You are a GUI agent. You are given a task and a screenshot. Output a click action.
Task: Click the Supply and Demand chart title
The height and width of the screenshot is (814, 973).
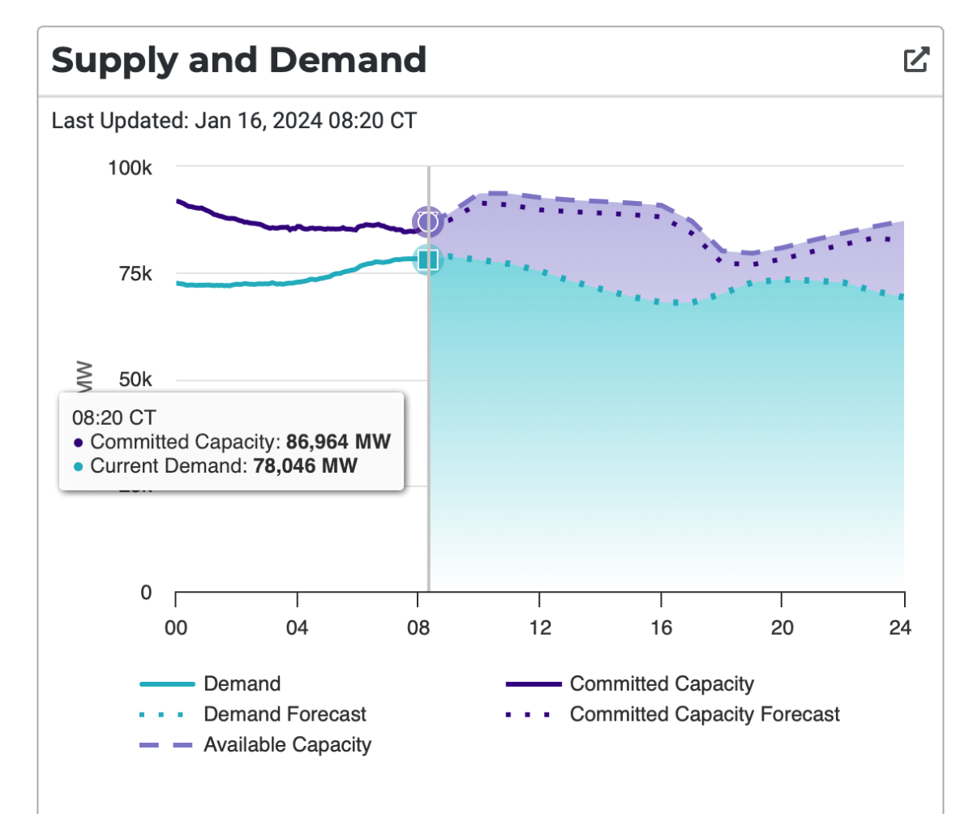point(238,60)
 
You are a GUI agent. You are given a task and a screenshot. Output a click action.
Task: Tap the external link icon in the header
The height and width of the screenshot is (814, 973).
point(916,60)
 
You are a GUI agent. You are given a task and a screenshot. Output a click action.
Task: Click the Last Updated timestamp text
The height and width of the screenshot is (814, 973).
point(234,122)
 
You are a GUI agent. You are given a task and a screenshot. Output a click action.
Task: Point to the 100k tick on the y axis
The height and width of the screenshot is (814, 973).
point(131,168)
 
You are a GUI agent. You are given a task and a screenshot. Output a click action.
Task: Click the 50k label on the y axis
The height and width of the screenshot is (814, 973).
point(135,380)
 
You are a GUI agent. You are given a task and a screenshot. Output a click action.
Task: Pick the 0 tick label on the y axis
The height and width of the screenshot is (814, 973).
point(146,593)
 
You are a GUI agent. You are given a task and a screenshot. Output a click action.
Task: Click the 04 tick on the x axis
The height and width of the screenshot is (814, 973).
point(297,628)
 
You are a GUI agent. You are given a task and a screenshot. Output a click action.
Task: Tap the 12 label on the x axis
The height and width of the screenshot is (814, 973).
point(539,628)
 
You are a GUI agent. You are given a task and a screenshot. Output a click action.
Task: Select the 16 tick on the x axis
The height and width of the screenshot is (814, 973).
point(661,628)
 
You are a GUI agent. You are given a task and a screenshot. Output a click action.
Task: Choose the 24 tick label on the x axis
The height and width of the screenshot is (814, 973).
point(901,628)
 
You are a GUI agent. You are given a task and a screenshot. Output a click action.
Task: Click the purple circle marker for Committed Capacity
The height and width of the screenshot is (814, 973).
point(427,221)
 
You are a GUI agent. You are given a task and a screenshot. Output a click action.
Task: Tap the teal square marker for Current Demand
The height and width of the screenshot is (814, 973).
point(428,259)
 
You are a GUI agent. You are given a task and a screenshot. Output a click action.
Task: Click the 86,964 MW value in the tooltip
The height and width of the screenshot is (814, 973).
point(338,443)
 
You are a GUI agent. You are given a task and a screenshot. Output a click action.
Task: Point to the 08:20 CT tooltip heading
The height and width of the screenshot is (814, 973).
point(114,418)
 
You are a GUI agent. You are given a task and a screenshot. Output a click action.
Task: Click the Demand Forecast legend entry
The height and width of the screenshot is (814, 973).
point(285,714)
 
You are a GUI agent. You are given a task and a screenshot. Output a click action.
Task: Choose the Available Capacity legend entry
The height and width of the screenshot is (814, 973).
point(287,744)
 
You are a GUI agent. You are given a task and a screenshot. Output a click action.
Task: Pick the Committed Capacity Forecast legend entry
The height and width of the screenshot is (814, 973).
point(705,714)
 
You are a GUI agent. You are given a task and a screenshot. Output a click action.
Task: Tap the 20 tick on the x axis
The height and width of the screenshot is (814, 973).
point(781,628)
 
